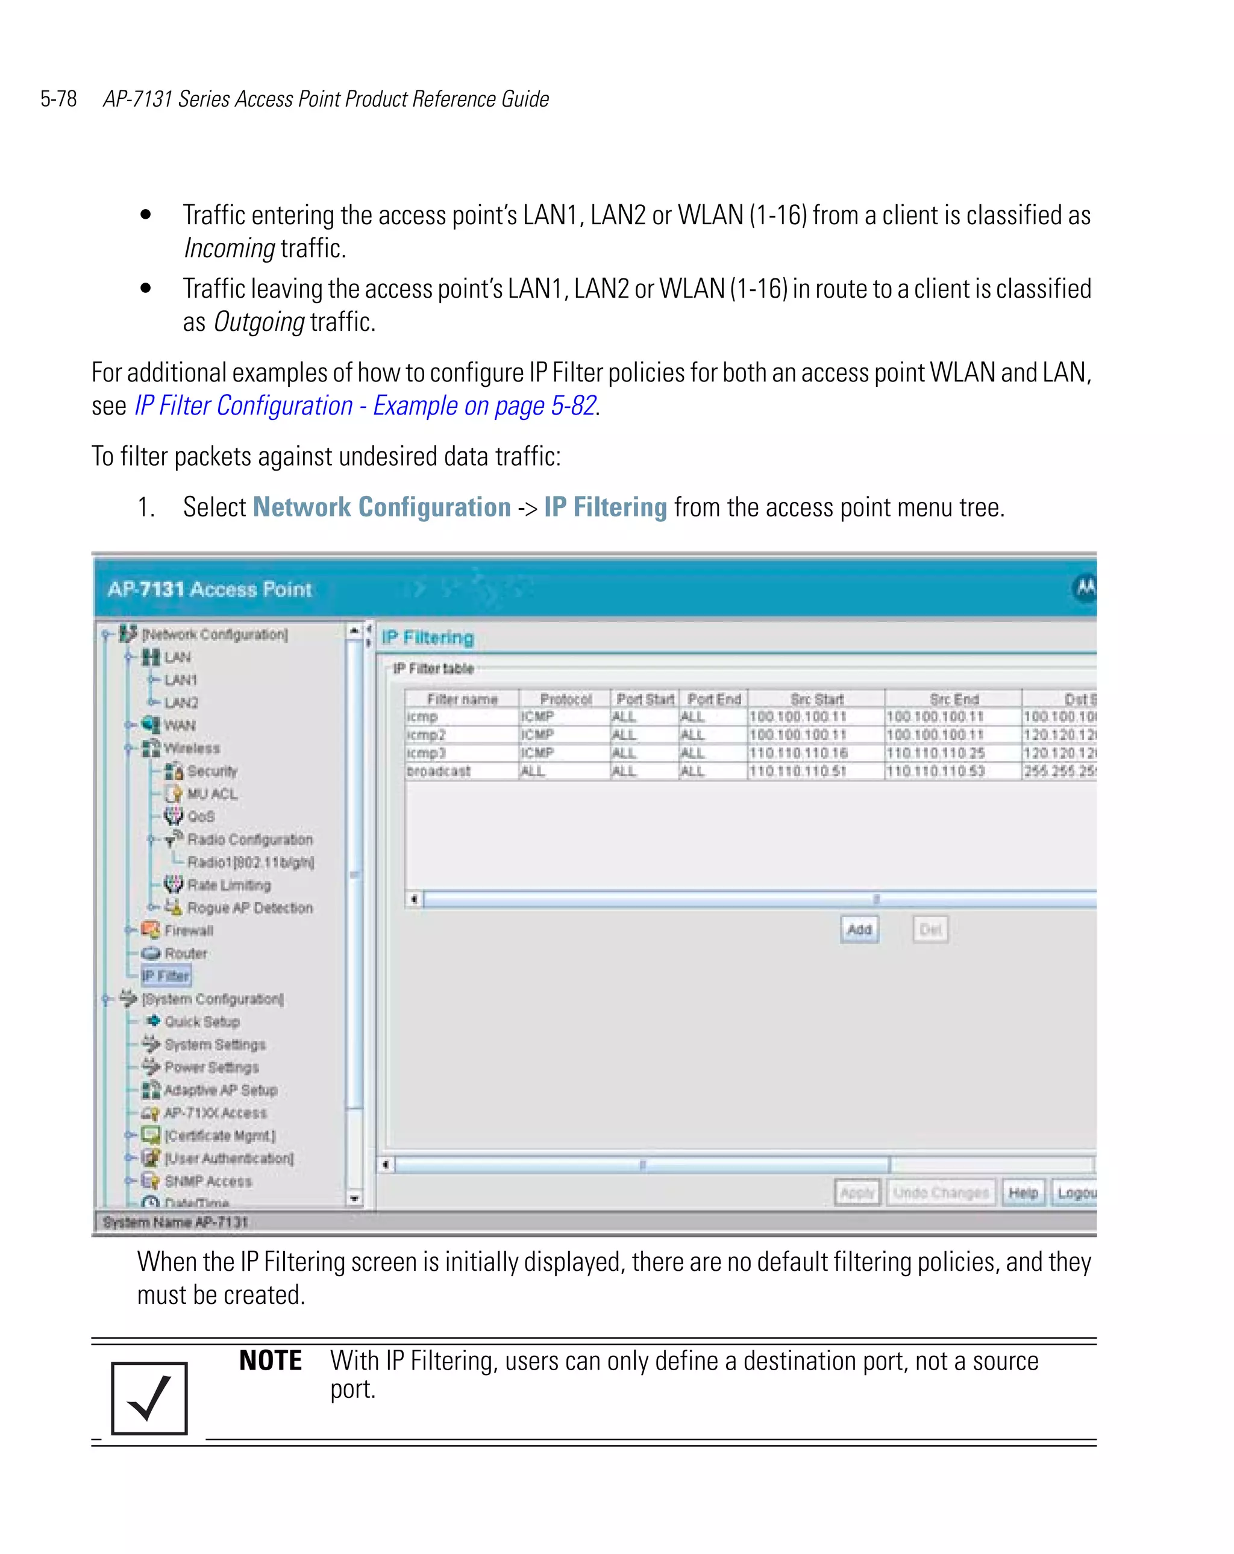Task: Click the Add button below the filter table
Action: [x=859, y=929]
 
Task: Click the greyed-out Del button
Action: [x=930, y=929]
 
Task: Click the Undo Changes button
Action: [x=941, y=1193]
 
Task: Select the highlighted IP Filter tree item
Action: [x=166, y=976]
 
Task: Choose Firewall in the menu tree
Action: [x=188, y=930]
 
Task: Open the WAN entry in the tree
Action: [x=179, y=725]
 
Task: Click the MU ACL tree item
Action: [x=211, y=794]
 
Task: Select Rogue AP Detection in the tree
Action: [x=249, y=907]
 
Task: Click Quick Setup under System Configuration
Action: [x=201, y=1021]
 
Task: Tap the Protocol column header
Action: [x=565, y=699]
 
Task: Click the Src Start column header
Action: [x=816, y=699]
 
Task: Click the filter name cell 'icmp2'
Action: [x=427, y=735]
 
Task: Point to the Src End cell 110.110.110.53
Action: [x=935, y=771]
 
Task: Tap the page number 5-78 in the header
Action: [x=58, y=99]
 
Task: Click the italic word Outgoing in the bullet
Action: [x=258, y=322]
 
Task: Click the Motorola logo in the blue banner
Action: [x=1084, y=588]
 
